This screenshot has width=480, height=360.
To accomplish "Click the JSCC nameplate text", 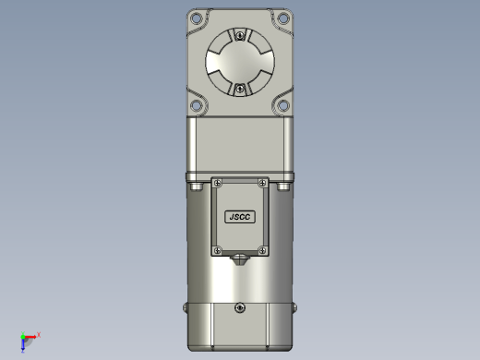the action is click(240, 217).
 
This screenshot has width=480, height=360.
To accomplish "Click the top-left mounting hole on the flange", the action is click(196, 18).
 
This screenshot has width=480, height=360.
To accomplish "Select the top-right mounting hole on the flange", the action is click(283, 18).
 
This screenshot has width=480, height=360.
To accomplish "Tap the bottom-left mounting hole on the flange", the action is click(196, 105).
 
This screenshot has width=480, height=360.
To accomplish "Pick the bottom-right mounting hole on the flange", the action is click(283, 105).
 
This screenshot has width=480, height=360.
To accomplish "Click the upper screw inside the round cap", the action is click(240, 35).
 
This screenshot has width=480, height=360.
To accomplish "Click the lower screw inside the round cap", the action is click(240, 90).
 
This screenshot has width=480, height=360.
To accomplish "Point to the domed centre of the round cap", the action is click(240, 62).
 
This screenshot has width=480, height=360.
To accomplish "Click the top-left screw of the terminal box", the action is click(218, 184).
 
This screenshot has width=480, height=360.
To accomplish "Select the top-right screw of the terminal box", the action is click(262, 184).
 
